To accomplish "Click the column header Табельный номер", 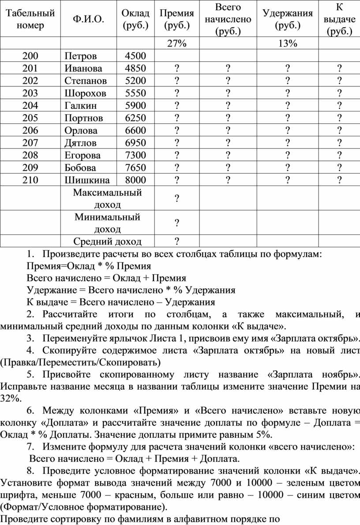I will click(x=30, y=19).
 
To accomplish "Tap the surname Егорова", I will click(x=82, y=155).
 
